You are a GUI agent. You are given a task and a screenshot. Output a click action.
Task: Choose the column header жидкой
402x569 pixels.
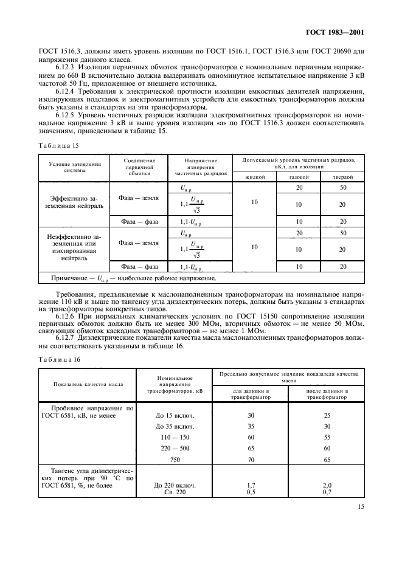point(255,176)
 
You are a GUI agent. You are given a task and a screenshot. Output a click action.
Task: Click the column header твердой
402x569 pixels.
point(343,176)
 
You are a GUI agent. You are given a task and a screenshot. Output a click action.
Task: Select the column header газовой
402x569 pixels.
point(299,176)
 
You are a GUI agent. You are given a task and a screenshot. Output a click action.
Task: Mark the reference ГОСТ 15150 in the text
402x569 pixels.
point(237,316)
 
